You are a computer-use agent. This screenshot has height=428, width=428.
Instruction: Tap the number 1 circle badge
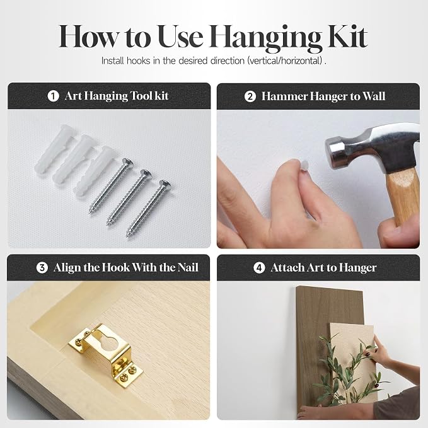click(x=53, y=96)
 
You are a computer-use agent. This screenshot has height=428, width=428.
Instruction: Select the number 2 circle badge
click(x=250, y=96)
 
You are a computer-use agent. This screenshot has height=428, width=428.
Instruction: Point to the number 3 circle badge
click(x=42, y=267)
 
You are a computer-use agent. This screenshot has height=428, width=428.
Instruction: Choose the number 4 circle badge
click(x=259, y=268)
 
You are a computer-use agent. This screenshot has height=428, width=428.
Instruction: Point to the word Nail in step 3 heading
click(x=188, y=267)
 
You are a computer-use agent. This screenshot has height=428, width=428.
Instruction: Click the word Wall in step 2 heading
click(x=373, y=96)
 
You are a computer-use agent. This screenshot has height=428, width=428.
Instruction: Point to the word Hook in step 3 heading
click(x=115, y=267)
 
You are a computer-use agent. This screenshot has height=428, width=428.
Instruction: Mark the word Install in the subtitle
click(x=113, y=61)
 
